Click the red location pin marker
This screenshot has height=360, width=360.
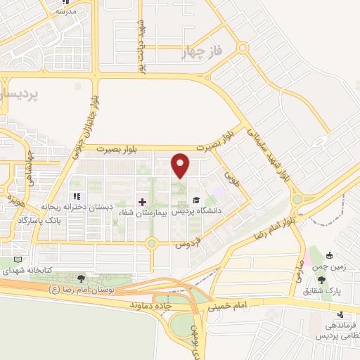coord(181,165)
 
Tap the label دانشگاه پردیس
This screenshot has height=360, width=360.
coord(221,210)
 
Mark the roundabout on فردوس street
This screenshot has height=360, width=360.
coord(150,244)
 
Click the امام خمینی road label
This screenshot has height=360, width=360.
coord(227,307)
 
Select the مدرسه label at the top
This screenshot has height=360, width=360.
coord(65,11)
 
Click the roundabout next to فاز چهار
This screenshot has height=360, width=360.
coord(243,48)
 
